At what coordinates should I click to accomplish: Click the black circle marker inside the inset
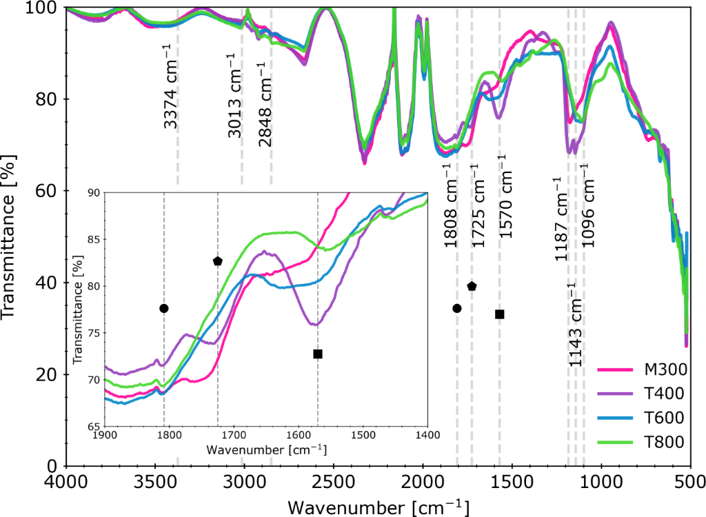click(x=164, y=308)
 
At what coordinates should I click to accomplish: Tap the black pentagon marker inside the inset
click(x=218, y=261)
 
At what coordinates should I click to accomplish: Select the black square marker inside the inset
click(x=318, y=354)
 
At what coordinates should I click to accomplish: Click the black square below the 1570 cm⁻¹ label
click(x=500, y=314)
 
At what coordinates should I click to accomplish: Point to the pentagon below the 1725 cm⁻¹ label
click(x=472, y=286)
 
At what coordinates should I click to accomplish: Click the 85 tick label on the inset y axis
click(x=90, y=240)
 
